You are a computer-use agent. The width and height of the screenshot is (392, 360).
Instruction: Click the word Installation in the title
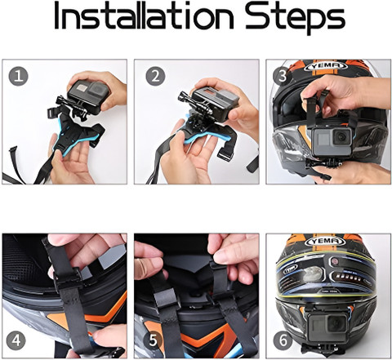point(144,16)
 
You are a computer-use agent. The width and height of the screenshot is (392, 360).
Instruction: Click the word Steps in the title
point(295,18)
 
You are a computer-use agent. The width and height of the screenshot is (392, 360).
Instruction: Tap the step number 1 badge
point(18,76)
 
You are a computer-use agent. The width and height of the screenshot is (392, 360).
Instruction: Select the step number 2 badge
point(155,76)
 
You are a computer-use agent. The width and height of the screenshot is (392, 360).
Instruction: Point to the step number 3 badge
point(282,76)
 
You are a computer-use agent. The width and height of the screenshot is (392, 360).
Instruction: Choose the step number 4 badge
point(16,340)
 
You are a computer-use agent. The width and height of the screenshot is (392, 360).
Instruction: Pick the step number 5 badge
point(153,340)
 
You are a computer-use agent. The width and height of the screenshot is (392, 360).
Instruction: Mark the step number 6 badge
point(283,340)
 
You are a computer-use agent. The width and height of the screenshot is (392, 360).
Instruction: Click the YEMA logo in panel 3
point(325,66)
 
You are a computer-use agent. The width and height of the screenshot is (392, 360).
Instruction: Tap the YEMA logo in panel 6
point(325,242)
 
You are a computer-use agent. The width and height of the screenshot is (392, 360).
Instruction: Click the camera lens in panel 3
point(341,137)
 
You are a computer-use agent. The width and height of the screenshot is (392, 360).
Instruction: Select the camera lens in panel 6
point(336,323)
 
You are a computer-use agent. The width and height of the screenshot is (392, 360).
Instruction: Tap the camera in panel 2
point(215,104)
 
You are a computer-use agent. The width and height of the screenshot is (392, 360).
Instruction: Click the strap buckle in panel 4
point(68,280)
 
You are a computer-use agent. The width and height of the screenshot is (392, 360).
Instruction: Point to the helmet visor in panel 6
point(326,275)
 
